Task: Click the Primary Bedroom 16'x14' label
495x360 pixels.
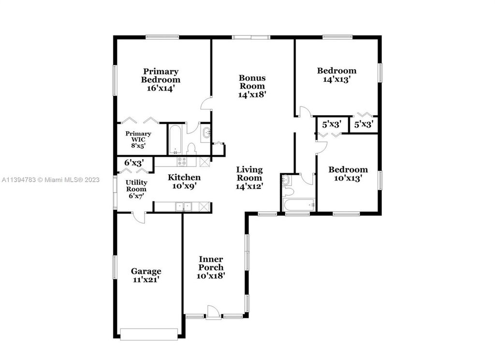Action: (x=160, y=80)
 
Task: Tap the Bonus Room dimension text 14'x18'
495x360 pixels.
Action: (x=252, y=95)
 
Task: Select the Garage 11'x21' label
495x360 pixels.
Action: (x=146, y=275)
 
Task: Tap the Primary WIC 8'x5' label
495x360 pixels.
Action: (x=138, y=139)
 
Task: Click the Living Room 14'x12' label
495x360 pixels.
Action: (x=249, y=178)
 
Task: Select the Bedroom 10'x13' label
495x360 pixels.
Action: (x=348, y=174)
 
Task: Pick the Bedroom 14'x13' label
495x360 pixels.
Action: (x=336, y=75)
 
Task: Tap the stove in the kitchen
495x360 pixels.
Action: (x=182, y=162)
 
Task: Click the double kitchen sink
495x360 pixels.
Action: (x=183, y=207)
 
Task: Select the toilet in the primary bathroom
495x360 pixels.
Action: (x=190, y=148)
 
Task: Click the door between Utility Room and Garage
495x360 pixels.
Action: (x=139, y=217)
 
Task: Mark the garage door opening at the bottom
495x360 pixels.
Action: (x=149, y=333)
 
